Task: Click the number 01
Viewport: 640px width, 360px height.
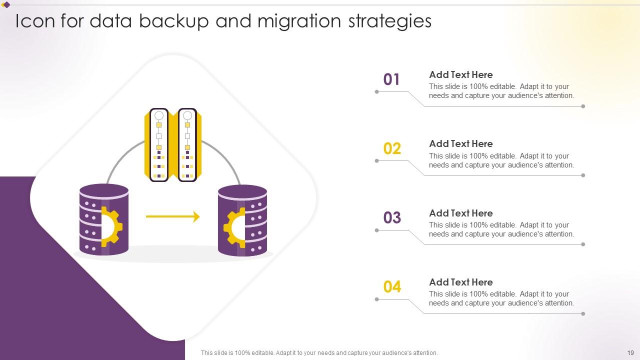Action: click(x=391, y=79)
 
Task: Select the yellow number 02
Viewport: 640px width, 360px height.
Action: click(x=392, y=148)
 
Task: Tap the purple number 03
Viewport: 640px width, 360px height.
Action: click(x=392, y=217)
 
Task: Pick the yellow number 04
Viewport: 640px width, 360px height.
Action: click(x=392, y=286)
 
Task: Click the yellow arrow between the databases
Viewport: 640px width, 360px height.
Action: click(x=172, y=216)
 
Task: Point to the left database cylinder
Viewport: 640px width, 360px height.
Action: click(x=104, y=220)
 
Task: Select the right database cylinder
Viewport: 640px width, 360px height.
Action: click(x=242, y=221)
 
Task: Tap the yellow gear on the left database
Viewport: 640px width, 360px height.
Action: click(x=112, y=227)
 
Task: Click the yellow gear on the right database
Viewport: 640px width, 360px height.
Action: click(x=234, y=228)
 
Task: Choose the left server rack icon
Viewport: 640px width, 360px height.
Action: click(x=159, y=145)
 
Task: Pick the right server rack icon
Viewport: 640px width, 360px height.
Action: click(x=187, y=145)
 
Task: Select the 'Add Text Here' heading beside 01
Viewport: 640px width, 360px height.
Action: click(x=460, y=74)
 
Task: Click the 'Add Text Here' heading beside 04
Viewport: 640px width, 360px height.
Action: click(x=460, y=282)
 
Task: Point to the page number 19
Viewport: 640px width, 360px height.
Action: click(x=630, y=352)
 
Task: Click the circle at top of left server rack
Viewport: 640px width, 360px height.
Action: click(x=159, y=116)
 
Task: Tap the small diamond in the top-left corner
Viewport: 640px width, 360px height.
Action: click(x=6, y=5)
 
